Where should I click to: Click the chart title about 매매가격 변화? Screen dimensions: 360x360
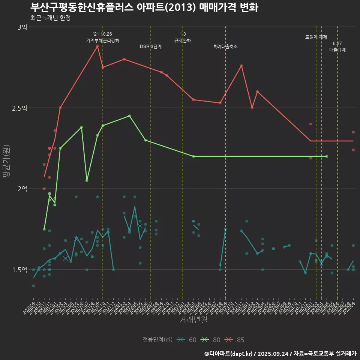pyautogui.click(x=144, y=7)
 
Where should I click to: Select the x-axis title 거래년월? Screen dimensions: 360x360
pyautogui.click(x=193, y=320)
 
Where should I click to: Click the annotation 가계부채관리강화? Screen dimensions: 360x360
pyautogui.click(x=103, y=40)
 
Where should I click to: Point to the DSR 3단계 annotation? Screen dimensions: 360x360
pyautogui.click(x=151, y=47)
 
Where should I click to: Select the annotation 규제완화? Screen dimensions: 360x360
pyautogui.click(x=183, y=40)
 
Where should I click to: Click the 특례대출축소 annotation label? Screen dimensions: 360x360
pyautogui.click(x=225, y=47)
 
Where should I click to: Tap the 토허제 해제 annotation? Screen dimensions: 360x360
pyautogui.click(x=316, y=37)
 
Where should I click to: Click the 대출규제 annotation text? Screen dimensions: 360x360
pyautogui.click(x=337, y=49)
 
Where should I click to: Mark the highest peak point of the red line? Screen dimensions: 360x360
pyautogui.click(x=97, y=46)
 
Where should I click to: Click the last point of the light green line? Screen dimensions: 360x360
pyautogui.click(x=327, y=156)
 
